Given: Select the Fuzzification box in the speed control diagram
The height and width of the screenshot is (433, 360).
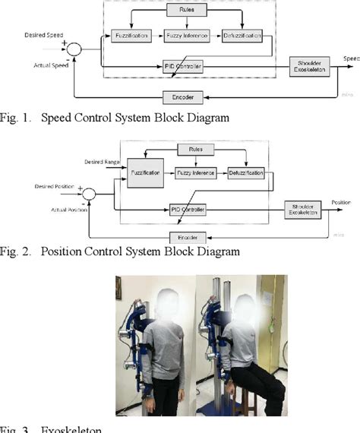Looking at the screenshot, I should [131, 36].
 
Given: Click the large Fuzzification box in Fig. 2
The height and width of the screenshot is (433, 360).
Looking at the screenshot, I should [144, 174].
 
